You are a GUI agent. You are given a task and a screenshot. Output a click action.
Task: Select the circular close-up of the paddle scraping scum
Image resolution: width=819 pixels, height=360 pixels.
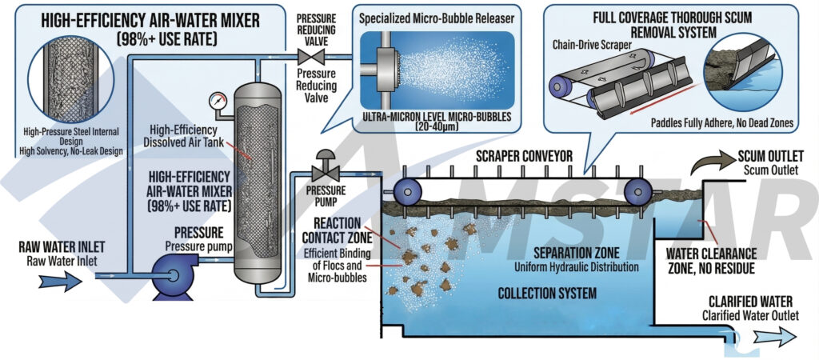pos(741,70)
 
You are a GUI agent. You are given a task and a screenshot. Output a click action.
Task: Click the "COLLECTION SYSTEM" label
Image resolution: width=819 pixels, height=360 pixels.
pos(547,294)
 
